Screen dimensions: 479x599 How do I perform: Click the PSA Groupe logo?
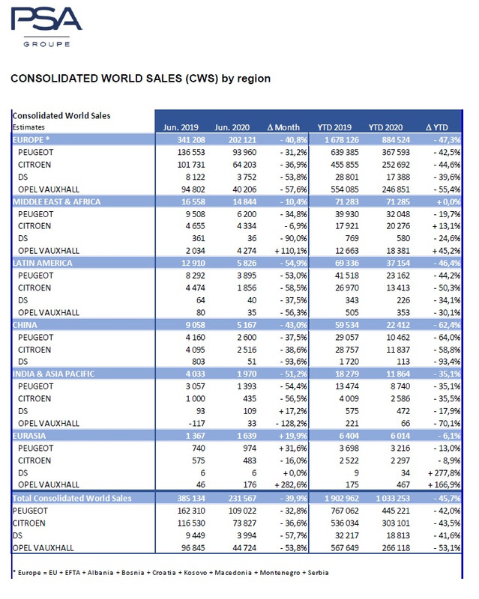tap(46, 27)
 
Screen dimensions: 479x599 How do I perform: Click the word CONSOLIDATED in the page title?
tap(54, 79)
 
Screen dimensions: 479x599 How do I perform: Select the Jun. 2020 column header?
tap(232, 127)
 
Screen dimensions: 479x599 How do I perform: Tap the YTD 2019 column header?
tap(334, 127)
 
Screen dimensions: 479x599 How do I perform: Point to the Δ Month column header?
tap(283, 127)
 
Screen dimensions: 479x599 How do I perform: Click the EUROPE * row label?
tap(31, 140)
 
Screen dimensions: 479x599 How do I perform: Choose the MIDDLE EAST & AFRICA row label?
tap(57, 201)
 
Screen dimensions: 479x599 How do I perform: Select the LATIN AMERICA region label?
tap(43, 263)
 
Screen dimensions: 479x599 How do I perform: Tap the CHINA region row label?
tap(25, 325)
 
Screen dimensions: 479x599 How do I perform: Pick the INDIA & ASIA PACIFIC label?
tap(53, 374)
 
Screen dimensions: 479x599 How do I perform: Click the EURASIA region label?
tap(29, 436)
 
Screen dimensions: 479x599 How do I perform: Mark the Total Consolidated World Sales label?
tap(72, 498)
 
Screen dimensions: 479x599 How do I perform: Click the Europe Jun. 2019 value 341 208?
tap(191, 140)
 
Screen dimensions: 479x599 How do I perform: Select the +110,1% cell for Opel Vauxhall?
tap(291, 251)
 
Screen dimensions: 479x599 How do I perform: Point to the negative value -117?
tap(196, 423)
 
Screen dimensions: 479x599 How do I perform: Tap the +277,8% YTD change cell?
tap(444, 473)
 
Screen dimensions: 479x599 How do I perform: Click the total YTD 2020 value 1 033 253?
tap(393, 498)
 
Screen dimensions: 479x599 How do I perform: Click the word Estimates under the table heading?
tap(28, 127)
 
